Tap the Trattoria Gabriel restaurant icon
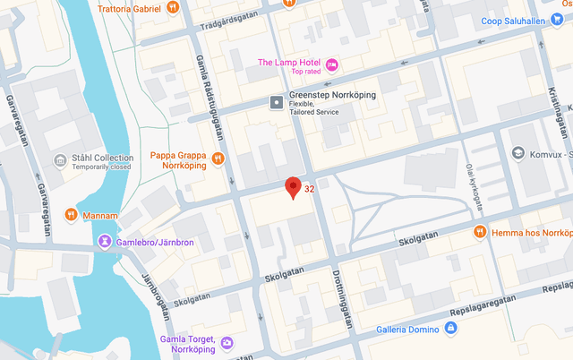(173, 8)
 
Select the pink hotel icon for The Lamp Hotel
(332, 63)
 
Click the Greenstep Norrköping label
(333, 95)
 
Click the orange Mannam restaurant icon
(71, 214)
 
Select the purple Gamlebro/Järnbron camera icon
(106, 241)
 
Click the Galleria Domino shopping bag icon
(449, 329)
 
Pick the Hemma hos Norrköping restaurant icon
(480, 231)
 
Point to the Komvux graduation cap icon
(517, 153)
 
